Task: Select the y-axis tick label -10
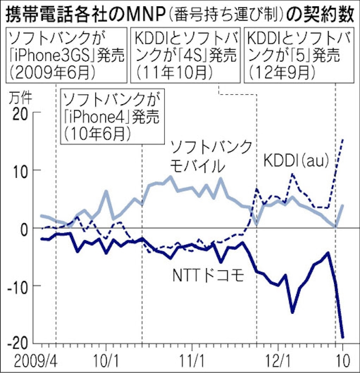tap(16, 286)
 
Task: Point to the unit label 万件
tap(20, 97)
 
